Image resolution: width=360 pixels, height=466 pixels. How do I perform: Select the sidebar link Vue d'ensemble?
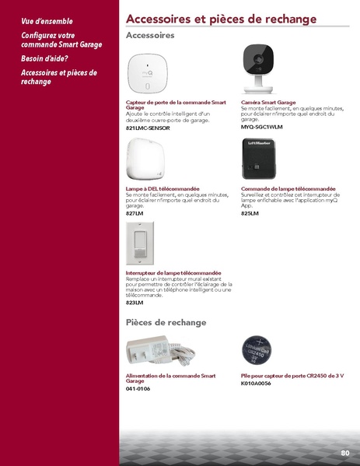[46, 22]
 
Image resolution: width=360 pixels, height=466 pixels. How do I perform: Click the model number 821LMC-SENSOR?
[148, 127]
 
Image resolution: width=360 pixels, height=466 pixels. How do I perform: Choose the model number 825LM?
[250, 212]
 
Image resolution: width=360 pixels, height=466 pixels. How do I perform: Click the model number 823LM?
[135, 303]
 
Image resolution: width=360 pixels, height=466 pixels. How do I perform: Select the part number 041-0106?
[138, 388]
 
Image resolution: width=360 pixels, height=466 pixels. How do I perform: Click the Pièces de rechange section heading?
[166, 322]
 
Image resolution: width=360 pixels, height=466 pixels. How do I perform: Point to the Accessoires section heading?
[149, 36]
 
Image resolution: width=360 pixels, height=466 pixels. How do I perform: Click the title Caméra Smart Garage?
[268, 102]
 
